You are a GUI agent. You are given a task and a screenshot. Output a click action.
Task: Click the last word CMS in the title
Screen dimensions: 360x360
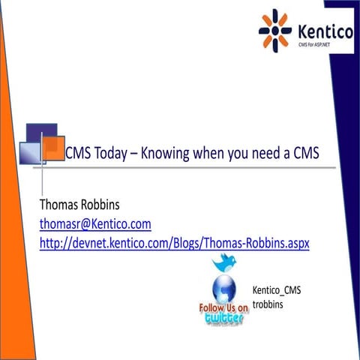tap(304, 153)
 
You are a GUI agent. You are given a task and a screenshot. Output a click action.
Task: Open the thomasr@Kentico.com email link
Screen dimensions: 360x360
tap(96, 224)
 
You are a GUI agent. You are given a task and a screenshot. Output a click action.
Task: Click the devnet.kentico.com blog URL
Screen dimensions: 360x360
tap(175, 243)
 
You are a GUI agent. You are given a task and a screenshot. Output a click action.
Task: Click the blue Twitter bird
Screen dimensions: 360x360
tap(223, 262)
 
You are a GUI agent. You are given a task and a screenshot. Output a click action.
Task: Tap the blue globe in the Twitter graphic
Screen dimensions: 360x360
tap(223, 288)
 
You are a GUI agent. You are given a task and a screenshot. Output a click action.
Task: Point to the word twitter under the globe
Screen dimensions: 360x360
tap(223, 319)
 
